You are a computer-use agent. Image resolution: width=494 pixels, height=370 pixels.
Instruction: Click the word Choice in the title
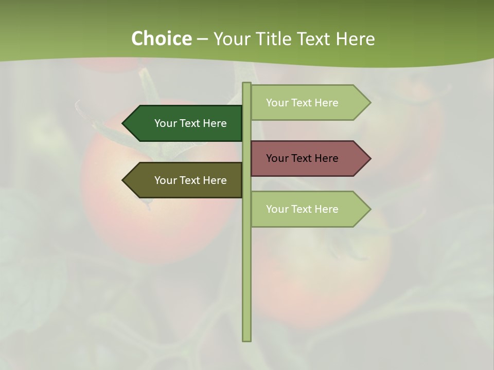(161, 39)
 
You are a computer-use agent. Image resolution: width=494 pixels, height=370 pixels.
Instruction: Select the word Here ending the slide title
(356, 39)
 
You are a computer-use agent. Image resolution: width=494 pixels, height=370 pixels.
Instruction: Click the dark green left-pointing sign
(185, 123)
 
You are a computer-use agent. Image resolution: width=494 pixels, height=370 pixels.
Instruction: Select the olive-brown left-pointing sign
(185, 180)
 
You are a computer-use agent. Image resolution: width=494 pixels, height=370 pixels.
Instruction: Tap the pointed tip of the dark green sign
(123, 123)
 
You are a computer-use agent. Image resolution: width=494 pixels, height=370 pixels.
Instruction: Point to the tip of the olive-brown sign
(123, 180)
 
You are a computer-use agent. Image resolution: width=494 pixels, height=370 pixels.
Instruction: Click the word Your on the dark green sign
(165, 123)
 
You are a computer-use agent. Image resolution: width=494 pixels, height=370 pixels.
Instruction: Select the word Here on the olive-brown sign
(215, 180)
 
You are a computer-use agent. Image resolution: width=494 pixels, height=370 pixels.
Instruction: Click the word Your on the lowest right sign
(277, 209)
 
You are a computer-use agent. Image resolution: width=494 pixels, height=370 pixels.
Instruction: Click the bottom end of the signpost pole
(246, 340)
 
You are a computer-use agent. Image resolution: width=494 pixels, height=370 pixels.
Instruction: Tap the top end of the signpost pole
(246, 84)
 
